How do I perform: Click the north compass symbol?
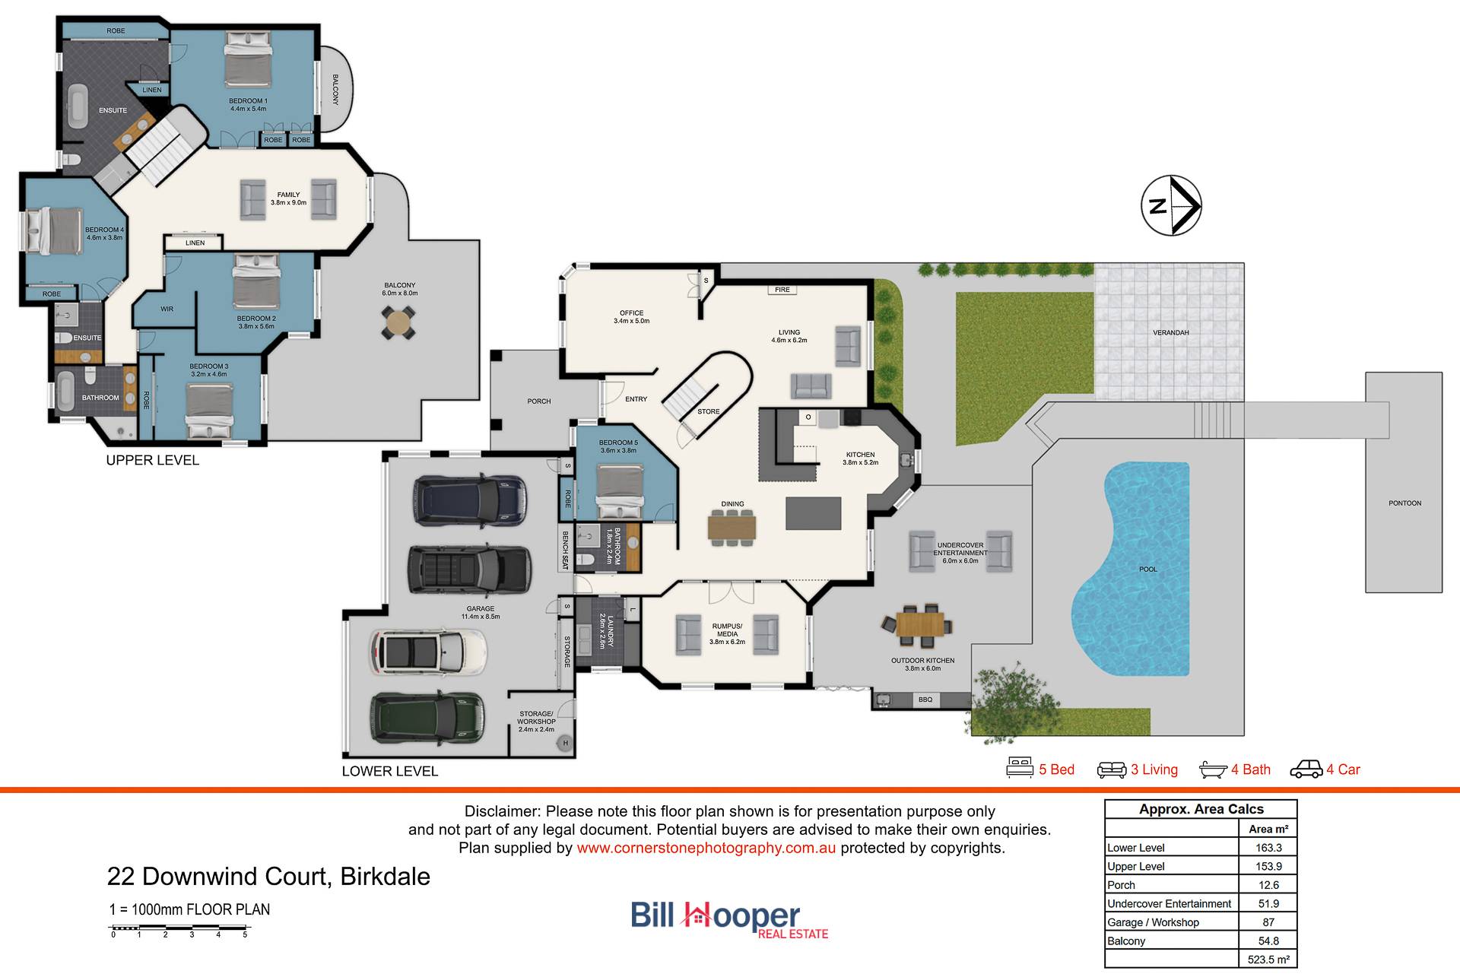point(1171,205)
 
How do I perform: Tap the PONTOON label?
point(1404,503)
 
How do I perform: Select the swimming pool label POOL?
point(1147,569)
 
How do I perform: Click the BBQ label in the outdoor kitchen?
point(925,700)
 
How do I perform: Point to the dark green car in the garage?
point(427,717)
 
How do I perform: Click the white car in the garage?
point(428,652)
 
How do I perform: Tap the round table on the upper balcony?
point(398,322)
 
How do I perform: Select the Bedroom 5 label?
point(618,446)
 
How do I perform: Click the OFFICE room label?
point(631,317)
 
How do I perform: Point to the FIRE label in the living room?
point(782,290)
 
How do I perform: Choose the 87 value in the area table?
point(1268,922)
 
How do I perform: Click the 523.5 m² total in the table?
point(1268,960)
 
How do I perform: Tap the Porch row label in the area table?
point(1121,885)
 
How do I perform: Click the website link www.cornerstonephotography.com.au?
point(706,848)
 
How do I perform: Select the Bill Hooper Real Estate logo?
point(729,919)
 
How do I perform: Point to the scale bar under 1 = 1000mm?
point(179,928)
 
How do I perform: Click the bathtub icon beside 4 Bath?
point(1213,769)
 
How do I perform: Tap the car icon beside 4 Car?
point(1306,769)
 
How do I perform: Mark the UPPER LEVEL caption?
point(152,460)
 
